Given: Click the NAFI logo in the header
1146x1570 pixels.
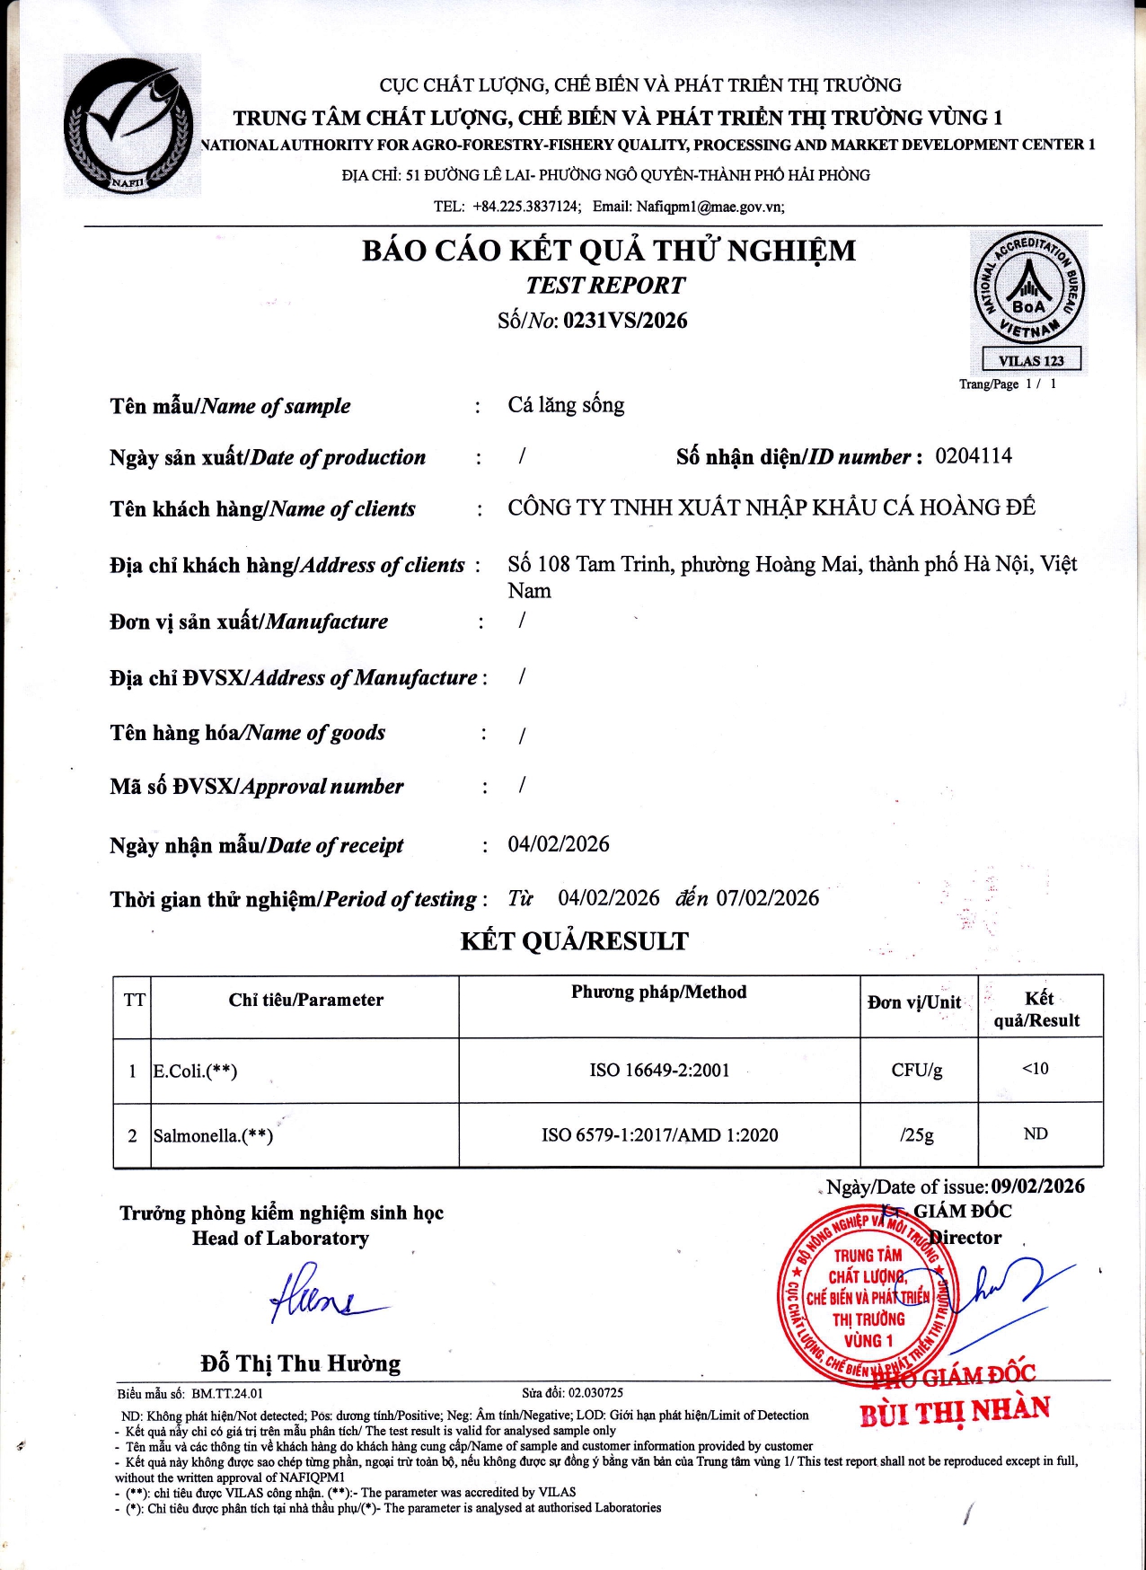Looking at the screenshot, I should point(131,125).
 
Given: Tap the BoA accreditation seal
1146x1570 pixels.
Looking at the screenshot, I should point(1029,289).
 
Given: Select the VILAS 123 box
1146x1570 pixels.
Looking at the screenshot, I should point(1031,360).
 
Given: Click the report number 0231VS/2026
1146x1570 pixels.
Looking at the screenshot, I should point(625,321).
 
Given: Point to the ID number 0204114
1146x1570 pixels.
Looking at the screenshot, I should point(974,456).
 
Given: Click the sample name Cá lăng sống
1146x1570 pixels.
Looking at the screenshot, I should point(566,405).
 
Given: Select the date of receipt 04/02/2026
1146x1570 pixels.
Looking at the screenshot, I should point(559,844).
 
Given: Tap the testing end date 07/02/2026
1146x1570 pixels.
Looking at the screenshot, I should point(768,898).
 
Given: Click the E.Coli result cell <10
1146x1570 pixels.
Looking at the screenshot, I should point(1036,1069).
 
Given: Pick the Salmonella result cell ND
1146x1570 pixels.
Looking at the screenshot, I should point(1036,1133).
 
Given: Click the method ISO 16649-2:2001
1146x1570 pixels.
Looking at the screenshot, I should point(659,1070).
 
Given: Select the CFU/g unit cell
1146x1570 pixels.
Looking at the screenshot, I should point(917,1070).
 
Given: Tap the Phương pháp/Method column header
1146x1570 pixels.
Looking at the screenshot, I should point(659,992).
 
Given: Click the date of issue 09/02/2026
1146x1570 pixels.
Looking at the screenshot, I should point(1037,1186).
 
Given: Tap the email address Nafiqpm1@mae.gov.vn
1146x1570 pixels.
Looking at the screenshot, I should point(710,207).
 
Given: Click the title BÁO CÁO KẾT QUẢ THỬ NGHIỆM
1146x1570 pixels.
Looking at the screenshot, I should point(609,250).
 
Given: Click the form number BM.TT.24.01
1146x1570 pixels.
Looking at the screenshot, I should point(227,1394).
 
